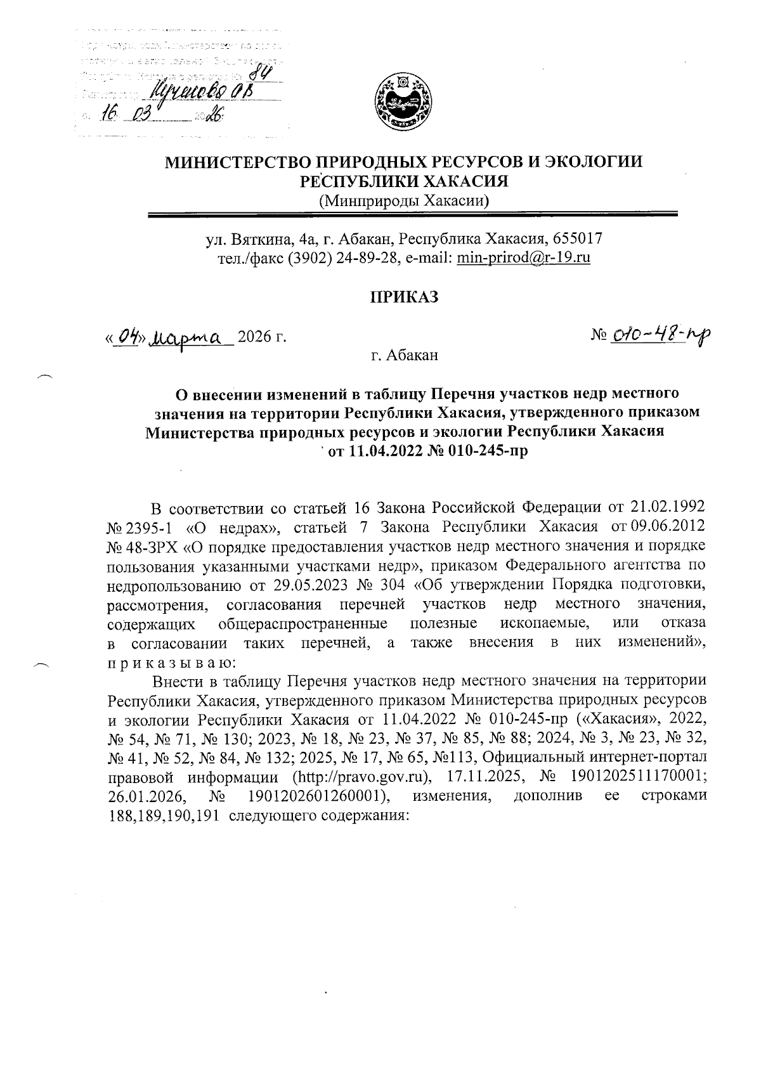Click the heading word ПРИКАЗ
point(404,297)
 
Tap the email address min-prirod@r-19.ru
point(523,258)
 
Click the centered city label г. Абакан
point(404,356)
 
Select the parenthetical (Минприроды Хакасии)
point(405,202)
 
